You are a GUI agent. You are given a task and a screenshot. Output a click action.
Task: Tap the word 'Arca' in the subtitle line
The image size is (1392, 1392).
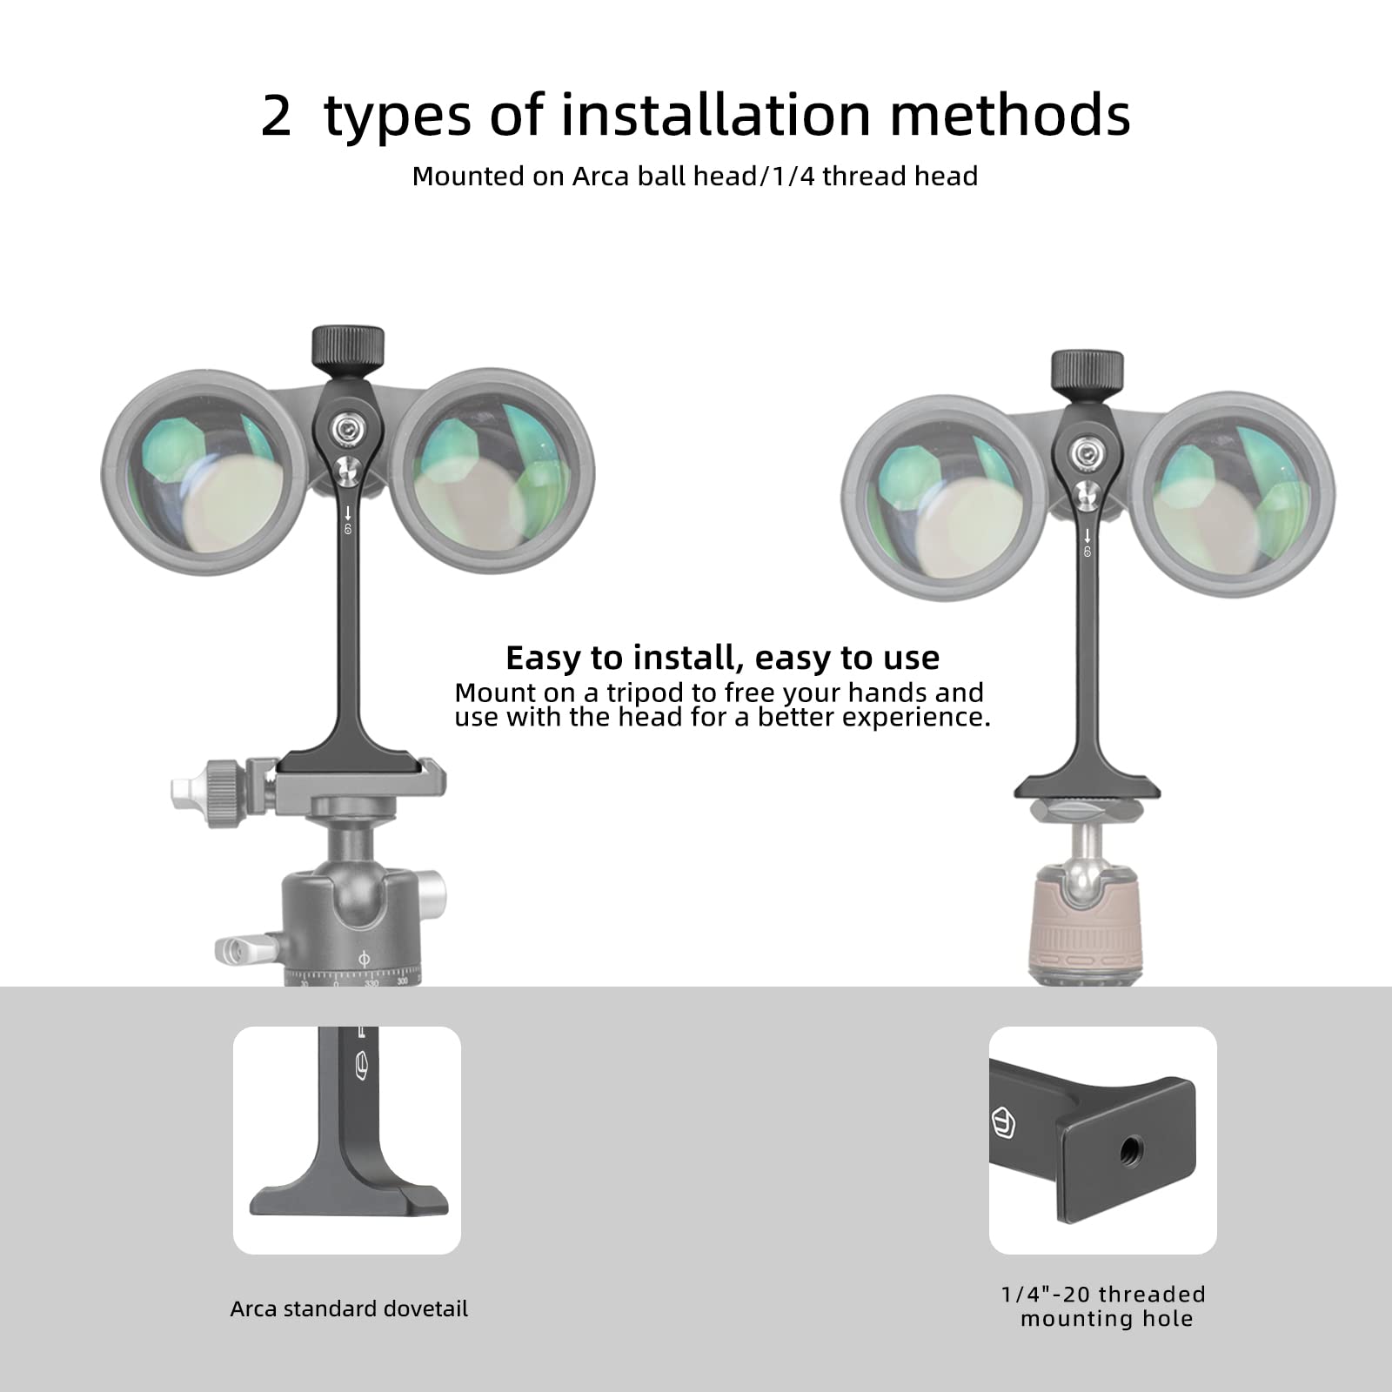pyautogui.click(x=601, y=177)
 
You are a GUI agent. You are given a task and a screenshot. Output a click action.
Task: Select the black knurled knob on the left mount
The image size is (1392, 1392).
pyautogui.click(x=348, y=347)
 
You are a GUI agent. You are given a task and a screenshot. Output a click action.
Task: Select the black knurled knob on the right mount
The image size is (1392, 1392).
pyautogui.click(x=1087, y=371)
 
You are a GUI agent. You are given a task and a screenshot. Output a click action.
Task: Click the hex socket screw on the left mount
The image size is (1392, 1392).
pyautogui.click(x=348, y=427)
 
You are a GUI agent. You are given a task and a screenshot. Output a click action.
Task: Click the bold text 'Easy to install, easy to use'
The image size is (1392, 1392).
pyautogui.click(x=722, y=658)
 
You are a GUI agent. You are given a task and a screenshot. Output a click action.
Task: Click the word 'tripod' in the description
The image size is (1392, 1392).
pyautogui.click(x=646, y=693)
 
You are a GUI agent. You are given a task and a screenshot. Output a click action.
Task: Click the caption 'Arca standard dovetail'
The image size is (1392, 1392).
pyautogui.click(x=349, y=1309)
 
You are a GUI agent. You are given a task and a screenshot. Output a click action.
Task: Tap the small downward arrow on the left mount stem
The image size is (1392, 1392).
pyautogui.click(x=348, y=513)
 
